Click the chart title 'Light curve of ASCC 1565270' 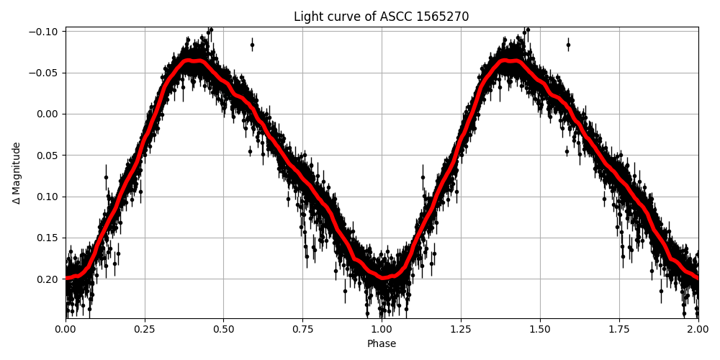click(x=381, y=17)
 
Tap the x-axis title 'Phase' click(x=381, y=344)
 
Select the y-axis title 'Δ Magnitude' click(x=17, y=173)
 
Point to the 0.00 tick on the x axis click(x=66, y=330)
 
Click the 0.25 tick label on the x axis click(x=145, y=330)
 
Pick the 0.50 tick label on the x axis click(x=223, y=330)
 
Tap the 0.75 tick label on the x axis click(x=302, y=330)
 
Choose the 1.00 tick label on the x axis click(x=382, y=330)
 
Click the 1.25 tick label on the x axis click(x=461, y=330)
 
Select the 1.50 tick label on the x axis click(x=540, y=330)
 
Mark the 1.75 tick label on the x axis click(x=618, y=330)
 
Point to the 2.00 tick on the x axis click(x=698, y=330)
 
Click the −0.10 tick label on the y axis click(x=45, y=32)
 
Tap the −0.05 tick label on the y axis click(x=45, y=73)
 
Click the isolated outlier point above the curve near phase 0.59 click(x=252, y=45)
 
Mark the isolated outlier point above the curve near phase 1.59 click(x=568, y=45)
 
